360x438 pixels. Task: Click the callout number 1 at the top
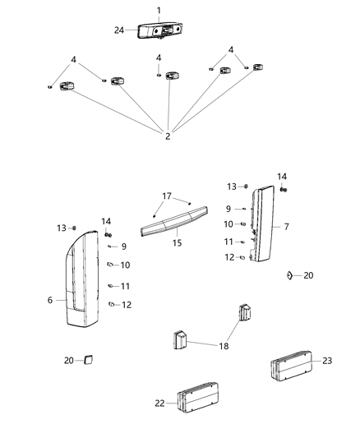click(159, 10)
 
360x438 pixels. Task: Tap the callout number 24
click(119, 30)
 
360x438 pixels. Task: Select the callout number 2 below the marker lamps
click(168, 136)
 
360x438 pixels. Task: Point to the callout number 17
click(167, 196)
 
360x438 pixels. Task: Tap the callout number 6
click(50, 300)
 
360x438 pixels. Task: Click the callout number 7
click(286, 224)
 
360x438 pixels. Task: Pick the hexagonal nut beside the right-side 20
click(291, 274)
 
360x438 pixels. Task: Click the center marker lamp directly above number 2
click(172, 76)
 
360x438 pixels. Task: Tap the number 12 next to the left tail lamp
click(126, 305)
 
